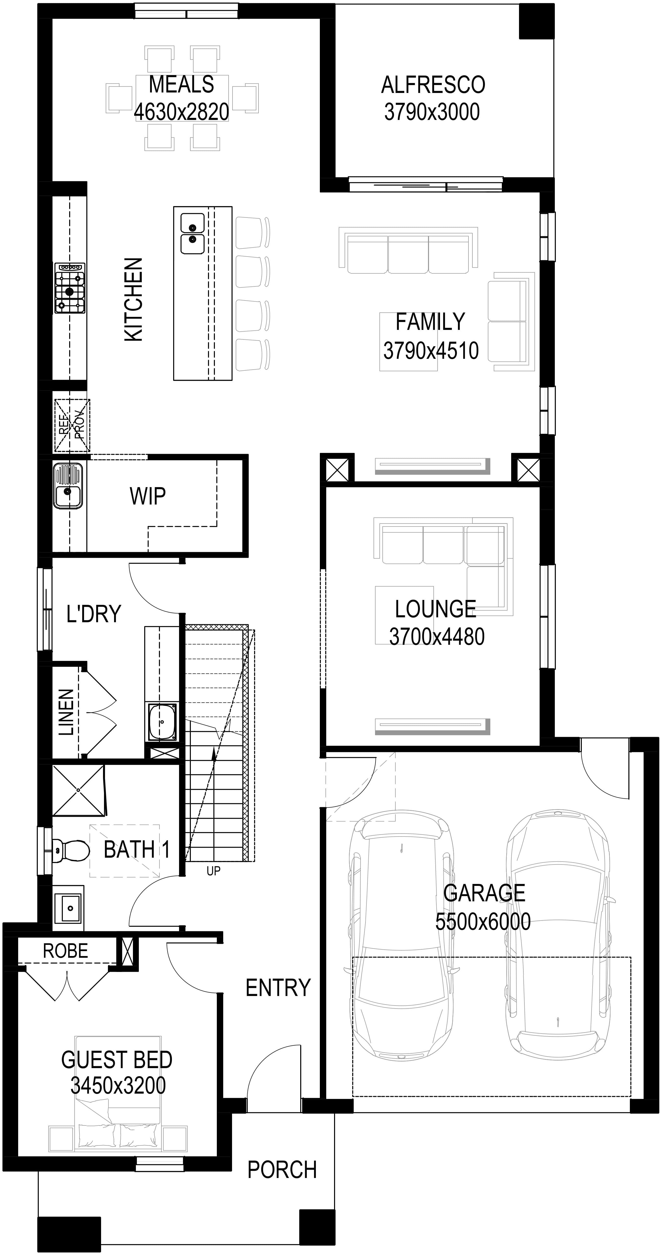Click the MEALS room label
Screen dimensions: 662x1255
click(181, 85)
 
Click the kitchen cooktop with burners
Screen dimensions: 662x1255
click(70, 288)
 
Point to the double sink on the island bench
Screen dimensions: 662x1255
click(192, 234)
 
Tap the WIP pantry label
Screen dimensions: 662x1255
click(148, 496)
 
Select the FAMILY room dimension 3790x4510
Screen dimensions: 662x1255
click(431, 351)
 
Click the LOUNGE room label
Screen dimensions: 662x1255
click(436, 609)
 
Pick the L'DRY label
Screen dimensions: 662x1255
click(93, 614)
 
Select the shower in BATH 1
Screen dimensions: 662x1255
click(78, 790)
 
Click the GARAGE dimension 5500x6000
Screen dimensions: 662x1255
click(483, 922)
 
